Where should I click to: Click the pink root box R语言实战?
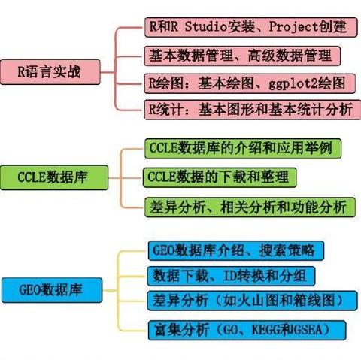tap(50, 72)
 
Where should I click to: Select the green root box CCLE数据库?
tap(54, 177)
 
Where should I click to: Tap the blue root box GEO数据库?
tap(52, 290)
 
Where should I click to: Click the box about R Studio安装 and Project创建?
tap(251, 27)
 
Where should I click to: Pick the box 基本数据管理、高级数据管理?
tap(242, 56)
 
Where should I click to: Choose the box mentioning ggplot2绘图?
tap(250, 83)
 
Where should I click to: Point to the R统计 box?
tap(253, 110)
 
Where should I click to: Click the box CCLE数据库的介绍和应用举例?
tap(243, 148)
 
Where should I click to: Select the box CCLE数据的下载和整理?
tap(220, 177)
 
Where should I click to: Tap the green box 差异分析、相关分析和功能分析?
tap(250, 207)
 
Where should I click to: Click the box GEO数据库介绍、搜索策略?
tap(236, 250)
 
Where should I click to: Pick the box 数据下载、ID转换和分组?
tap(231, 276)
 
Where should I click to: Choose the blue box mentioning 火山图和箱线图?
tap(253, 301)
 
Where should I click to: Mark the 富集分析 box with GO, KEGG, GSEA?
tap(247, 330)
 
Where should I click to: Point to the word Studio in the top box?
tap(206, 26)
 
